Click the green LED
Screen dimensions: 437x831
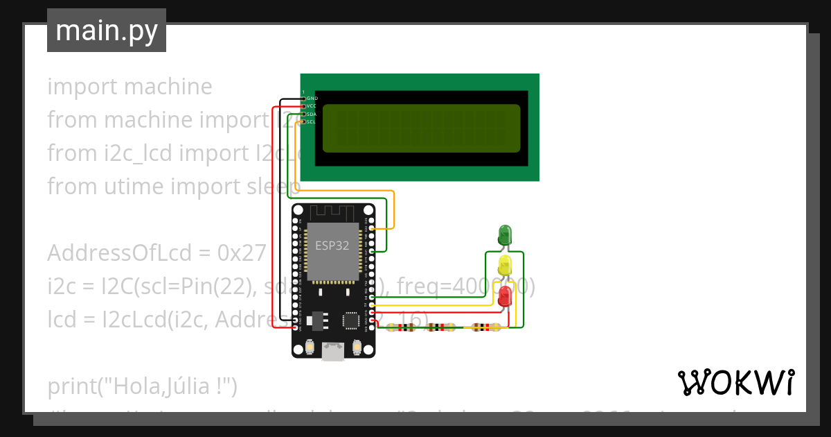[505, 234]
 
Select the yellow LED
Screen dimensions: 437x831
[505, 264]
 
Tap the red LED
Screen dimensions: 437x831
[505, 295]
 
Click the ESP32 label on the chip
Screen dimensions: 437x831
[332, 246]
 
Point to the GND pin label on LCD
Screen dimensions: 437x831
[312, 98]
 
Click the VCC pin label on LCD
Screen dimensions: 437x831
[312, 106]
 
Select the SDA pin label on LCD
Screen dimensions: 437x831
[312, 114]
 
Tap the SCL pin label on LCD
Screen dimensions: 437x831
[312, 121]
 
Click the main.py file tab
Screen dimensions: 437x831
[107, 31]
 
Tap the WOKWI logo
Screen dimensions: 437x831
[735, 382]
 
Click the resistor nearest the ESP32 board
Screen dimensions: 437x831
[402, 328]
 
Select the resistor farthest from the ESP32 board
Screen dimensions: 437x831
[485, 328]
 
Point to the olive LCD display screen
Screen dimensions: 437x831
[421, 128]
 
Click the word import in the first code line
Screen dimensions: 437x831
[82, 87]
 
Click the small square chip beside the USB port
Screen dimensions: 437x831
[350, 320]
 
